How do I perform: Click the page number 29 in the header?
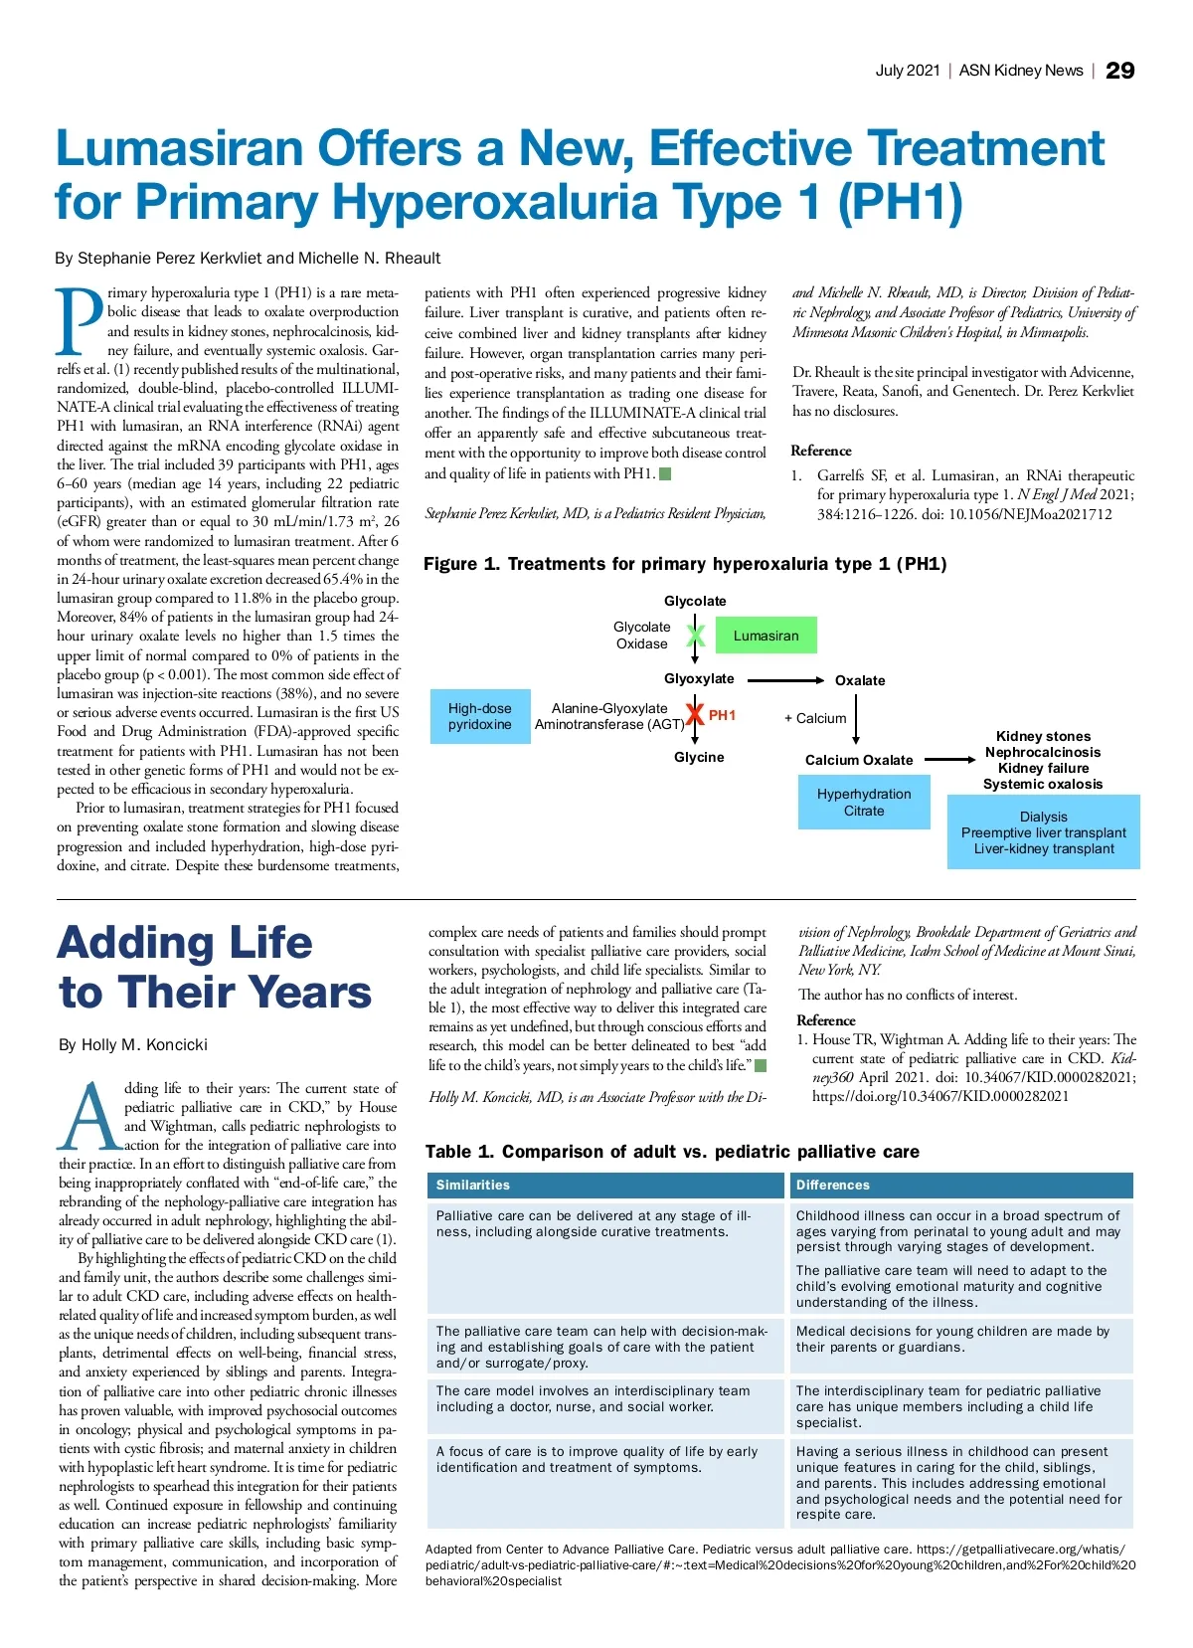coord(1119,71)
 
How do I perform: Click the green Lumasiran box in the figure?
coord(766,636)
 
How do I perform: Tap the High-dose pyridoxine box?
coord(479,716)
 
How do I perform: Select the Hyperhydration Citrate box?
coord(863,803)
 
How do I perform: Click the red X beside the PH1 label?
coord(696,714)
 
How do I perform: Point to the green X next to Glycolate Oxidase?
coord(696,636)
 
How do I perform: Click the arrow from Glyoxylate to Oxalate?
coord(784,680)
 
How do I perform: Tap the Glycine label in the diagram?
coord(699,758)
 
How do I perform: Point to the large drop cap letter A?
coord(89,1117)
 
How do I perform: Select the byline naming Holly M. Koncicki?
coord(133,1044)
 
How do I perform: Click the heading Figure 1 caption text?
coord(684,564)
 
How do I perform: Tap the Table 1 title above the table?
coord(672,1152)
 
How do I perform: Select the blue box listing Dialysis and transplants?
coord(1043,832)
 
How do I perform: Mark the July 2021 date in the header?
coord(907,71)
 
